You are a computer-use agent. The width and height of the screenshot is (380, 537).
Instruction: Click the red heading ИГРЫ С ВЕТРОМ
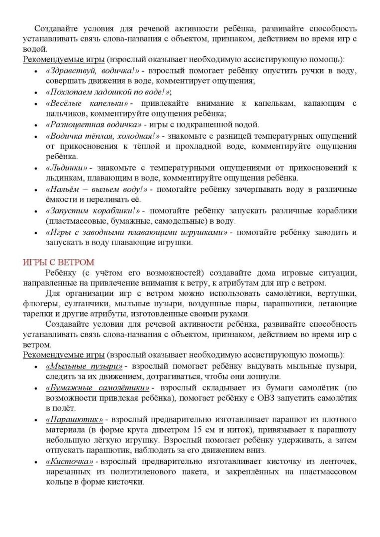pos(59,263)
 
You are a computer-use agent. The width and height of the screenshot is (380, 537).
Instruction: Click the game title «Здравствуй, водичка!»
pos(92,70)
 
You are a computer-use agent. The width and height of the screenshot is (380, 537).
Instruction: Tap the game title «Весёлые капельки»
pos(88,103)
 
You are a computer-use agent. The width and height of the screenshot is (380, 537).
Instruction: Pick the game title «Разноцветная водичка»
pos(94,125)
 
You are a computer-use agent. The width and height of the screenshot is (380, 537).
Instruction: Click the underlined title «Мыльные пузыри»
pos(85,366)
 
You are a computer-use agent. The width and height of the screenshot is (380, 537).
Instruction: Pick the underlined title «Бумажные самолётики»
pos(98,388)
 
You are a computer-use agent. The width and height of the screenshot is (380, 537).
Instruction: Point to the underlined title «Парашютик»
pos(75,420)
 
